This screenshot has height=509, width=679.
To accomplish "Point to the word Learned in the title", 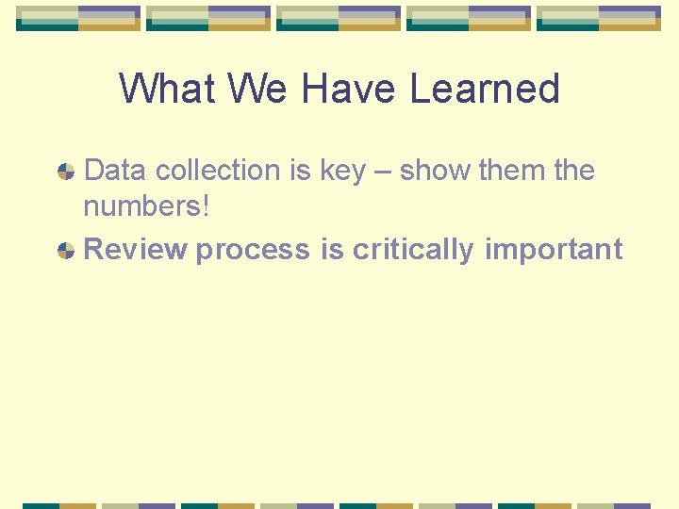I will (485, 90).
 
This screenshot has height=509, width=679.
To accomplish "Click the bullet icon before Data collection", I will (66, 172).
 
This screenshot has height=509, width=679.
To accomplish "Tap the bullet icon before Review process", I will (66, 251).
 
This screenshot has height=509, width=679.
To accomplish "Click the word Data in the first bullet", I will (116, 171).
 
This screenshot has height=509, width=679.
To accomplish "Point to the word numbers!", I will (146, 206).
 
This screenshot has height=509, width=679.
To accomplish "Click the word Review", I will (136, 250).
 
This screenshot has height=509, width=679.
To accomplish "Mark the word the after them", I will (574, 171).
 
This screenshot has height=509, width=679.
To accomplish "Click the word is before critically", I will (331, 250).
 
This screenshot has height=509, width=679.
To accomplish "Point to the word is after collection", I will (301, 171).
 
